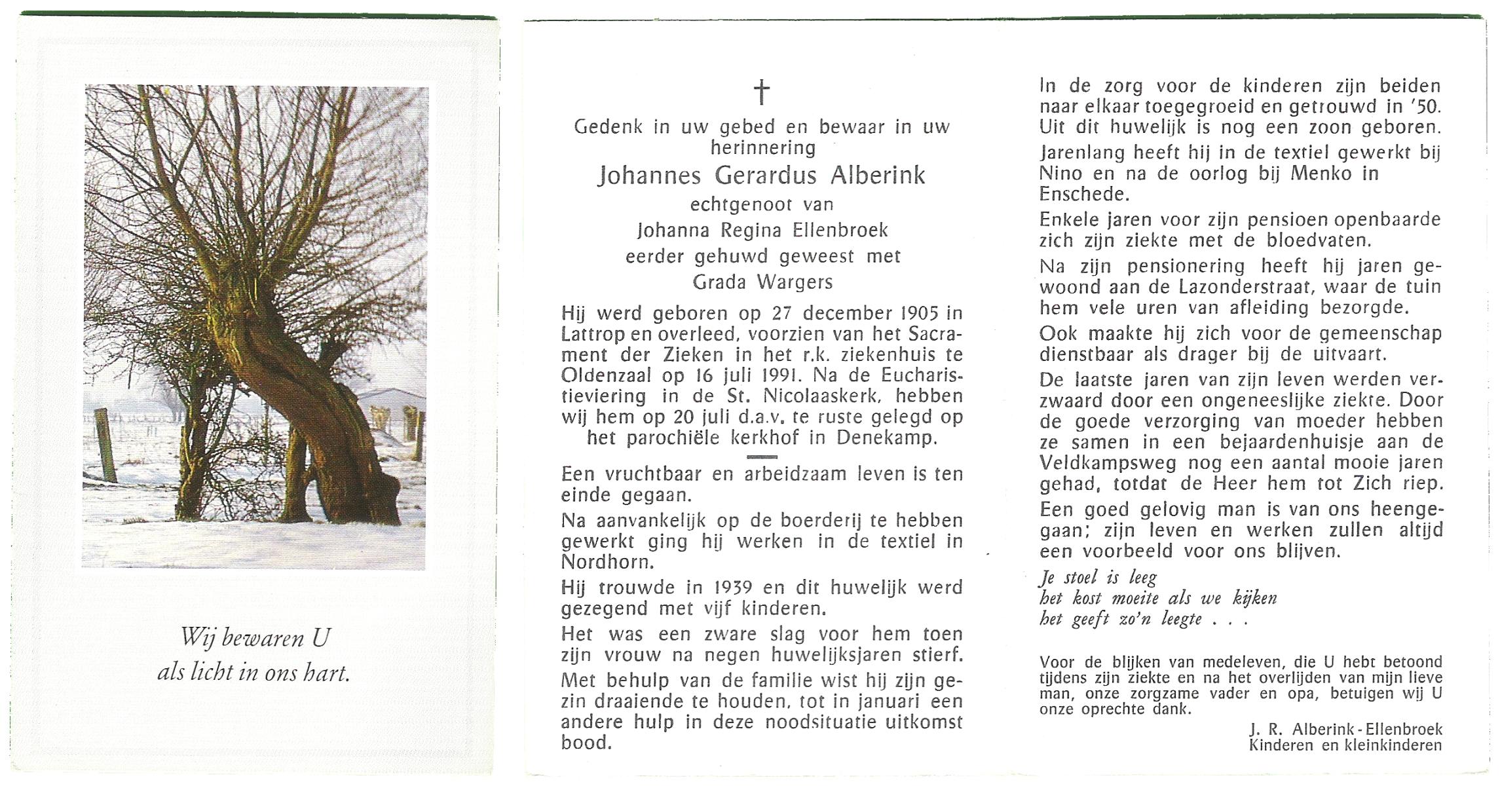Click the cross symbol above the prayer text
point(761,92)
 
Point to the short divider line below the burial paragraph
point(761,457)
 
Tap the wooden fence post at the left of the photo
point(106,445)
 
